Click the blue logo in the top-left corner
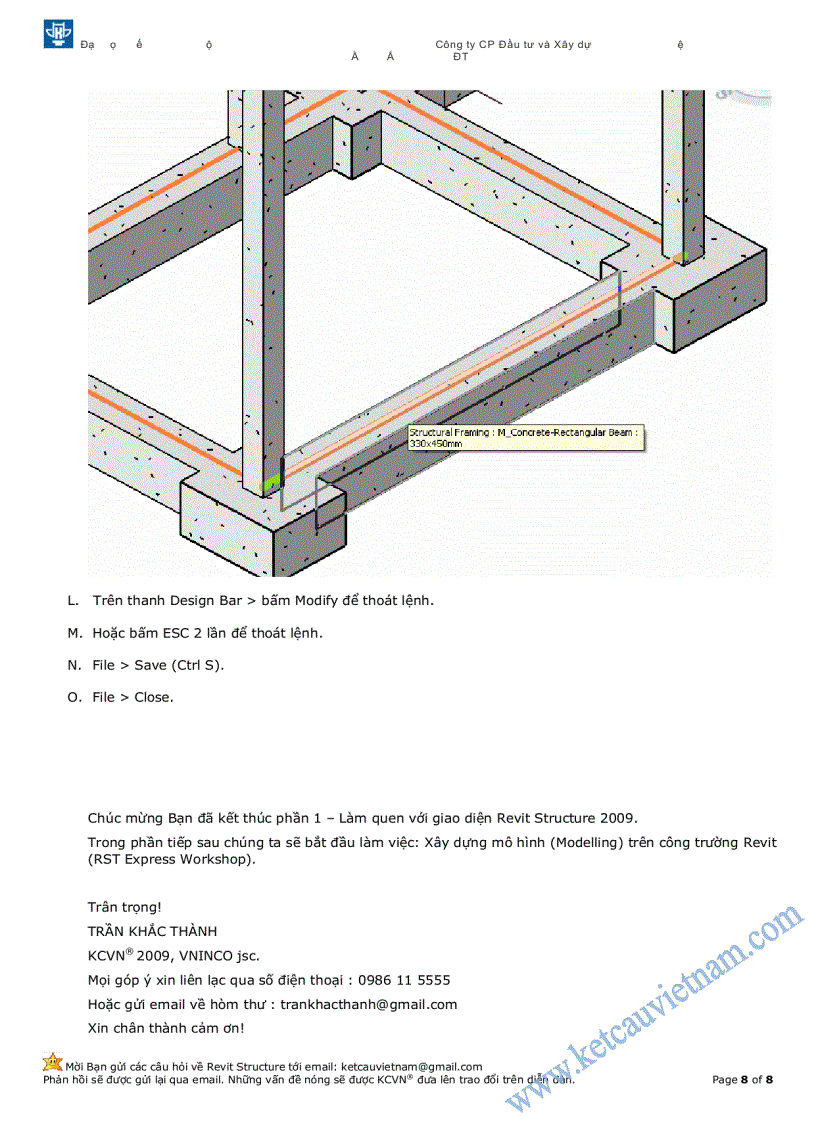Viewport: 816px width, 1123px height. pos(58,33)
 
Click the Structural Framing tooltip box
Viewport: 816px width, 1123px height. pos(524,437)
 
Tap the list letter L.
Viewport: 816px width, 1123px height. pos(72,601)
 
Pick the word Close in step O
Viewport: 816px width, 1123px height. pos(153,697)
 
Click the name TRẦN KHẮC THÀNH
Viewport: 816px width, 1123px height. pos(152,932)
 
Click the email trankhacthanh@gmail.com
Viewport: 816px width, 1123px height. pos(368,1004)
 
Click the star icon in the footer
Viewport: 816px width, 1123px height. pos(52,1063)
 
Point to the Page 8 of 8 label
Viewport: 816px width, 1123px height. pos(742,1080)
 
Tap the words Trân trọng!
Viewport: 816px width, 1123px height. pos(124,907)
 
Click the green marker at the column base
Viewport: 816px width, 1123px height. pos(269,483)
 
